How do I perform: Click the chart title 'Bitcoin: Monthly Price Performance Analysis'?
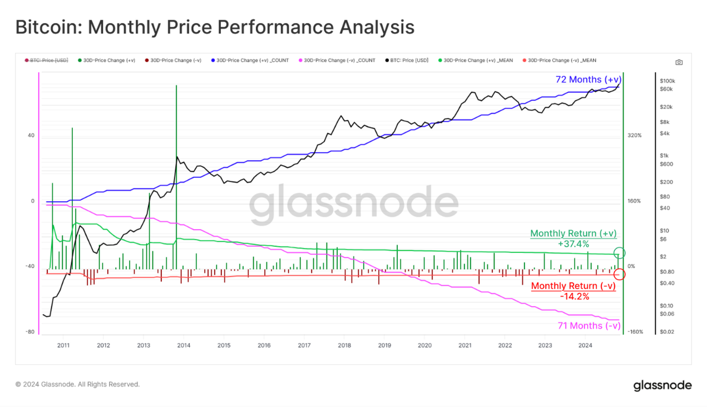[x=215, y=27]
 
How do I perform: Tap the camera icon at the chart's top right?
[x=679, y=62]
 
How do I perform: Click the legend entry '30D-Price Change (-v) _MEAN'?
[x=561, y=60]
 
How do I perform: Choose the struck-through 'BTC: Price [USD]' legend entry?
[x=47, y=60]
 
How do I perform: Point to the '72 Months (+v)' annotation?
[x=588, y=80]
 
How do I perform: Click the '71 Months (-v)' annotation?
[x=589, y=325]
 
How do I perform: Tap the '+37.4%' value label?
[x=573, y=244]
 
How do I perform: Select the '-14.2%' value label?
[x=574, y=296]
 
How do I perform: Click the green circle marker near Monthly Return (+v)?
[x=619, y=253]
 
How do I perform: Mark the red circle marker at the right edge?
[x=619, y=274]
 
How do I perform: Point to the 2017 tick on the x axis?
[x=304, y=345]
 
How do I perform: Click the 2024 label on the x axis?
[x=585, y=345]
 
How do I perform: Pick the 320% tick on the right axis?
[x=634, y=135]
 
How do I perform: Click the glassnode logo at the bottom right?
[x=662, y=385]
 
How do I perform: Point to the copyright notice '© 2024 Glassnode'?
[x=77, y=384]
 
